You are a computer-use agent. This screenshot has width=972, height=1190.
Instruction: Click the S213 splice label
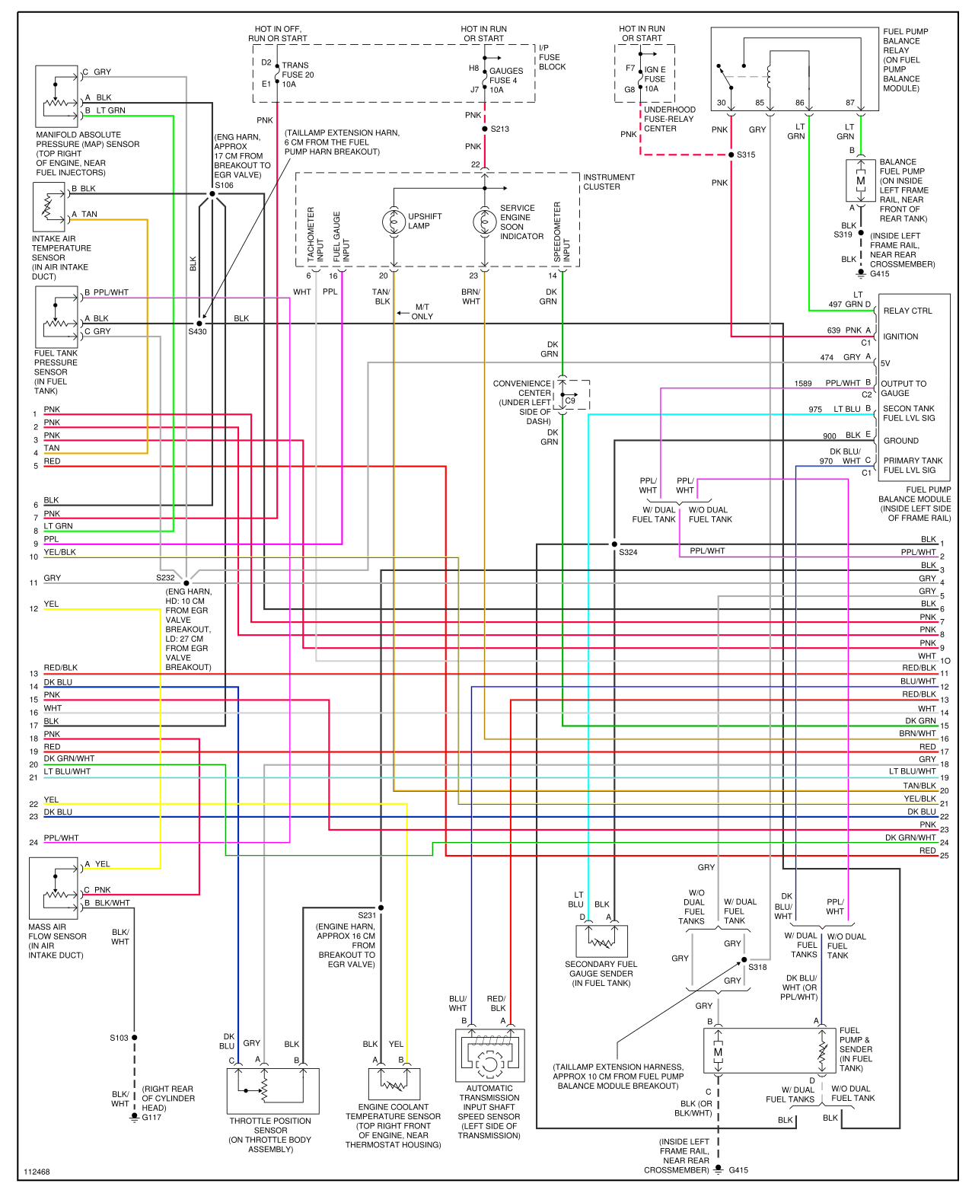[x=500, y=129]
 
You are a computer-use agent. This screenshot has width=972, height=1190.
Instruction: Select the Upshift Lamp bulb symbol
[x=394, y=222]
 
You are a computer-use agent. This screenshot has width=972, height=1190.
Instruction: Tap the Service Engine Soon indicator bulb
[x=484, y=222]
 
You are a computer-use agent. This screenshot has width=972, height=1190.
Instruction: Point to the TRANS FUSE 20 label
[x=298, y=75]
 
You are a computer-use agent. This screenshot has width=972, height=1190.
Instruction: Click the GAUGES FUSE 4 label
[x=506, y=80]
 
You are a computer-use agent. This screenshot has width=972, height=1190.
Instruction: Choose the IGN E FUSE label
[x=655, y=79]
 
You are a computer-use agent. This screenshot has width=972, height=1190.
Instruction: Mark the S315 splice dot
[x=731, y=155]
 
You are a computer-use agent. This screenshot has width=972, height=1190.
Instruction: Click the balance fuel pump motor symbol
[x=861, y=181]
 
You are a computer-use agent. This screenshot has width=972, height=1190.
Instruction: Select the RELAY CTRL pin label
[x=907, y=311]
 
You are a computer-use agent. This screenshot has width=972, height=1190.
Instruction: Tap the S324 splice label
[x=628, y=552]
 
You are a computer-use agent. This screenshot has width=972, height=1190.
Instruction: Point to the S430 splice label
[x=197, y=331]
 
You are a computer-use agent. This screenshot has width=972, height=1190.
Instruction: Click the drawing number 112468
[x=37, y=1172]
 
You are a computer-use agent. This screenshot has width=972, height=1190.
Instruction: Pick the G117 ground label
[x=151, y=1117]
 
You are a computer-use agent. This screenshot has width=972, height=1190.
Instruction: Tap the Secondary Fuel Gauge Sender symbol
[x=601, y=941]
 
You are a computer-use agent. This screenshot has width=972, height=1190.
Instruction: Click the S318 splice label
[x=757, y=967]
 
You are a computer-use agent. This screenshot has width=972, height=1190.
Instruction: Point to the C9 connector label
[x=570, y=400]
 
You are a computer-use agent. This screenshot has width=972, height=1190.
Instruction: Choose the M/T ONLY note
[x=422, y=311]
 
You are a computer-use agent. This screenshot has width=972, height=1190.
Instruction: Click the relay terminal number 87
[x=850, y=103]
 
